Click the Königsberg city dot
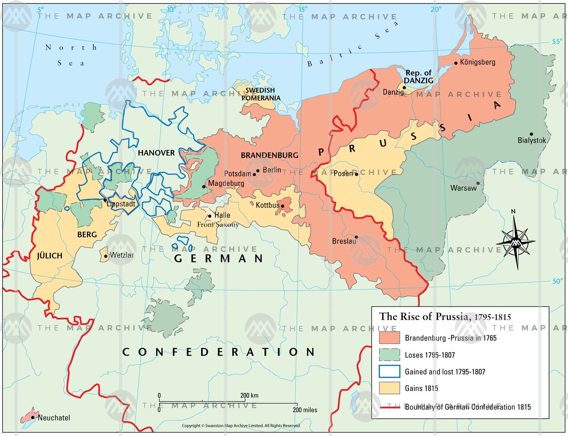pyautogui.click(x=456, y=63)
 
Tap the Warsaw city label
pyautogui.click(x=463, y=188)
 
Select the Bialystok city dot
pyautogui.click(x=531, y=134)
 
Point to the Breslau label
pyautogui.click(x=344, y=241)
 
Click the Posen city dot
pyautogui.click(x=356, y=174)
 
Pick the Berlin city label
pyautogui.click(x=272, y=170)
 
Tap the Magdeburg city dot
pyautogui.click(x=204, y=187)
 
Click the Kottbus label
pyautogui.click(x=267, y=205)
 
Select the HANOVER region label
pyautogui.click(x=156, y=153)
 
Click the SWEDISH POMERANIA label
pyautogui.click(x=261, y=94)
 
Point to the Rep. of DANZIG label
pyautogui.click(x=418, y=76)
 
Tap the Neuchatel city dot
pyautogui.click(x=33, y=417)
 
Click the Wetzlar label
pyautogui.click(x=122, y=255)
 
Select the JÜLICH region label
pyautogui.click(x=50, y=256)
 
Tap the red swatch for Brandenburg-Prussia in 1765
pyautogui.click(x=389, y=338)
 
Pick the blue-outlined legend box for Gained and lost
pyautogui.click(x=389, y=371)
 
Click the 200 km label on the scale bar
pyautogui.click(x=249, y=396)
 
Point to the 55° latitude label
pyautogui.click(x=557, y=42)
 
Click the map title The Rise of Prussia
pyautogui.click(x=445, y=316)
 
